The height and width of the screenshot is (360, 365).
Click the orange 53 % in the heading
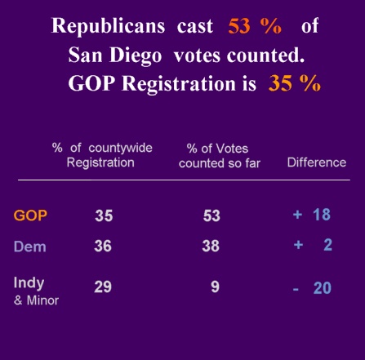click(255, 26)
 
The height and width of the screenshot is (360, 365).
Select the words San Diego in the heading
click(114, 55)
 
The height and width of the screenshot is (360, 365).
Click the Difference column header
click(316, 162)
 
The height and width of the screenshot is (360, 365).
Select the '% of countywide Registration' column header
click(101, 155)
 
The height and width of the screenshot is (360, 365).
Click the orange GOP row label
click(30, 216)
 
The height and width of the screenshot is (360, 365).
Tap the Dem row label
click(29, 246)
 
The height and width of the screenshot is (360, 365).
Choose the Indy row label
click(29, 282)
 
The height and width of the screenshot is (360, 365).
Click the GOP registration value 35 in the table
click(103, 216)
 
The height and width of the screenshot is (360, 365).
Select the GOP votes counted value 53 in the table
click(211, 216)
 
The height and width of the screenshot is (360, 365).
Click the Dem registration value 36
click(103, 246)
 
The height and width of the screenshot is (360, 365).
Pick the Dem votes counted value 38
click(211, 246)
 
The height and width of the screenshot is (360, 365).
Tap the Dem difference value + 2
click(313, 245)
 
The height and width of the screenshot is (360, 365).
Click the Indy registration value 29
click(102, 287)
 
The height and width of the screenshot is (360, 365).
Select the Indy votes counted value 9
click(215, 287)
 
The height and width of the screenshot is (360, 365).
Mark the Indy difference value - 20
click(311, 287)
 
